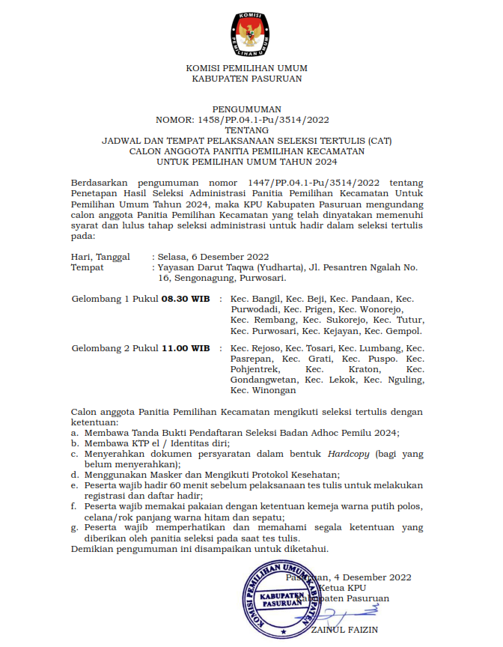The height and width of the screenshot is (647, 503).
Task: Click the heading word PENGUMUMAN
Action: [246, 109]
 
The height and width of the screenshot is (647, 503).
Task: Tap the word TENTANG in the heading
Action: [246, 130]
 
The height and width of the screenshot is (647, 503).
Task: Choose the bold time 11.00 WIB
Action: [186, 348]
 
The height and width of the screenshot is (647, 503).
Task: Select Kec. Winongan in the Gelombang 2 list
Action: [263, 390]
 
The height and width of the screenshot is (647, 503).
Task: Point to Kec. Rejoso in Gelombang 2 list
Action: [256, 348]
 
